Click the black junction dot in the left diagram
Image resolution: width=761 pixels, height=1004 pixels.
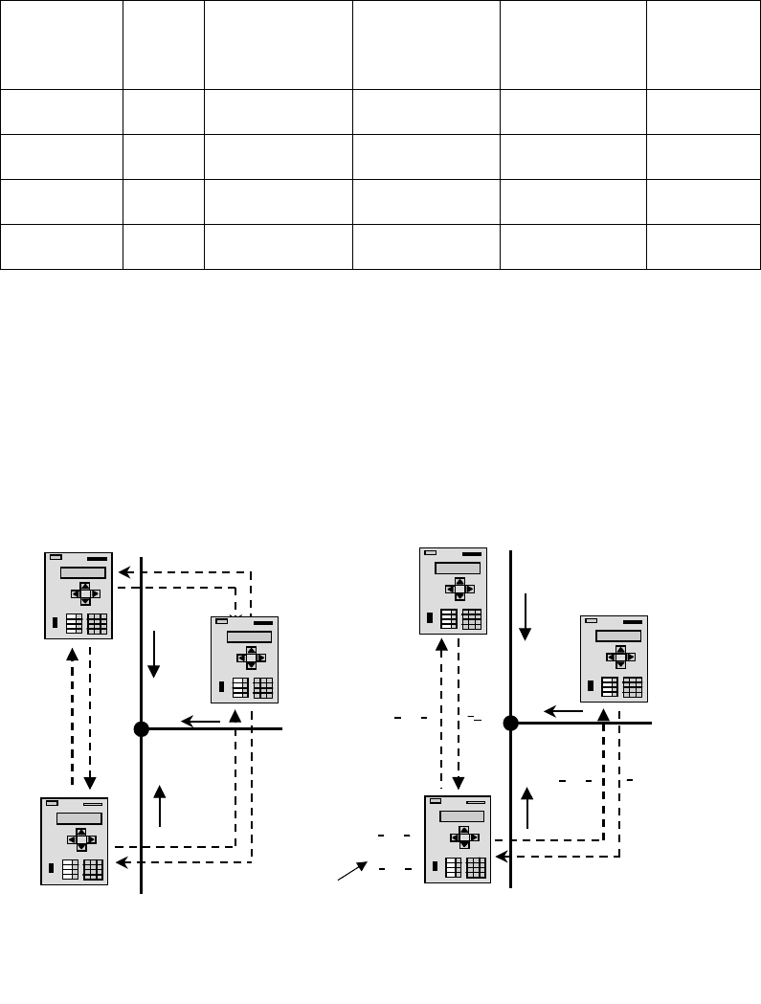142,729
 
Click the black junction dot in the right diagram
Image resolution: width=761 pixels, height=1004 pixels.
511,723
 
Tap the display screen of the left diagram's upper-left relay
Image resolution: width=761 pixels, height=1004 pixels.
83,572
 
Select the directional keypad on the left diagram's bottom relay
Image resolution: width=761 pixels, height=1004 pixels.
81,839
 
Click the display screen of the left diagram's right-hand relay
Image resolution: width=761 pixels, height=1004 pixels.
249,636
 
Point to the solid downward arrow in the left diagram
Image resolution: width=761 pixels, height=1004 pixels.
153,658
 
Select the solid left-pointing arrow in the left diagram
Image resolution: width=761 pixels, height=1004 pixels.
200,722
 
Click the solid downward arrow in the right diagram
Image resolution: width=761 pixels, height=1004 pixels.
525,617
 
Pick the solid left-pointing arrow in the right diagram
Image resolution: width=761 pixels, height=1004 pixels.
564,711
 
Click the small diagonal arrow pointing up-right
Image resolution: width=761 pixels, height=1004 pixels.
351,870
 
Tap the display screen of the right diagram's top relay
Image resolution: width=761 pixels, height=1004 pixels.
458,568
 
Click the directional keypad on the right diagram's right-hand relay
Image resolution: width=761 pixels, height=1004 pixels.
620,657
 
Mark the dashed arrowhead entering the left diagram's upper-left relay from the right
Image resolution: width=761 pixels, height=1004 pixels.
123,572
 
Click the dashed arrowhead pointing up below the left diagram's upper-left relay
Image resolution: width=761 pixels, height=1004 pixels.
73,655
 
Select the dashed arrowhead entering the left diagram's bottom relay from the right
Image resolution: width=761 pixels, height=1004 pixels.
120,862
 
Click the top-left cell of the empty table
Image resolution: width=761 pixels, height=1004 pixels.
61,44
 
